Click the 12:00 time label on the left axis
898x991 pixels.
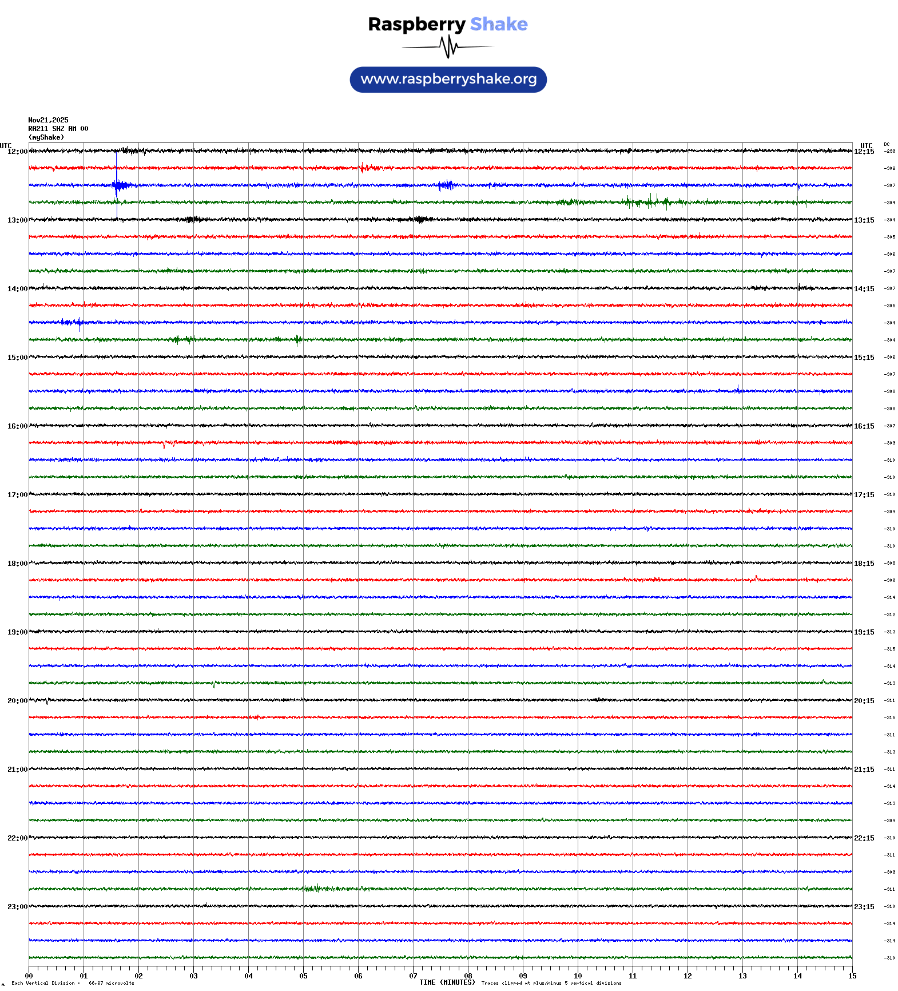[17, 152]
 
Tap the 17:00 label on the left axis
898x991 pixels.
[17, 495]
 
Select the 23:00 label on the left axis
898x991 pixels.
[17, 907]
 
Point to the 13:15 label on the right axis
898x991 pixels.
[864, 220]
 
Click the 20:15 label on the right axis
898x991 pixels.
[864, 701]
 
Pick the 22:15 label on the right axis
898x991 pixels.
[864, 838]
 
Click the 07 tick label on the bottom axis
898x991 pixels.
[413, 976]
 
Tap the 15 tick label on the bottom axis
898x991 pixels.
[852, 976]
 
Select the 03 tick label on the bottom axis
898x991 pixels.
[193, 976]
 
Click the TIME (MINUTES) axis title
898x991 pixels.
[447, 982]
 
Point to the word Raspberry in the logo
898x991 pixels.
[416, 25]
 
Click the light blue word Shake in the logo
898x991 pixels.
[499, 25]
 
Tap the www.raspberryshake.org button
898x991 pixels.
[448, 80]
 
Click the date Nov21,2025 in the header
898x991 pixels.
[48, 120]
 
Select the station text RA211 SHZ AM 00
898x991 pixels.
[58, 129]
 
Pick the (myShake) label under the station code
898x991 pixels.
[46, 137]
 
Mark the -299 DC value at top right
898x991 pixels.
[890, 151]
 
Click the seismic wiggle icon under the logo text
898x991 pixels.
[448, 47]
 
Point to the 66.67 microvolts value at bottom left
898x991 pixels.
[111, 983]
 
